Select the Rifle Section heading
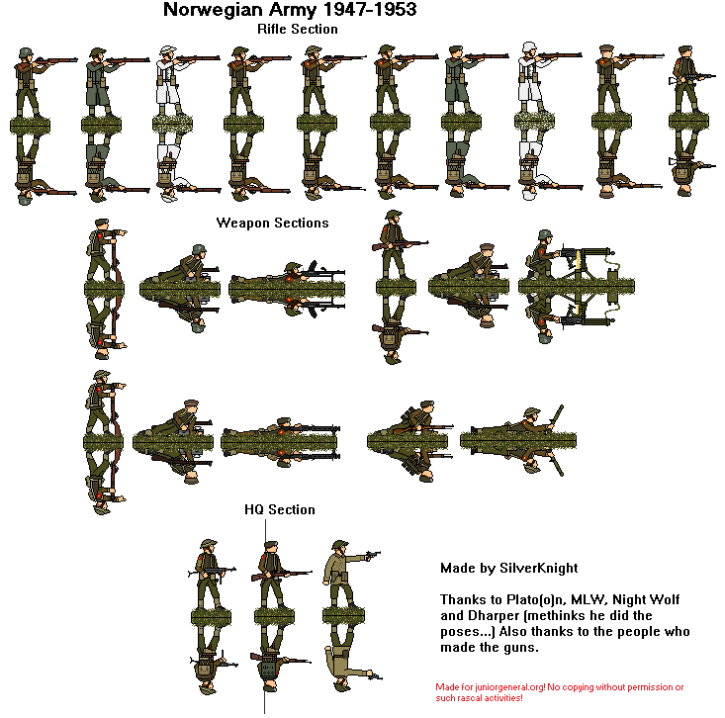[x=297, y=29]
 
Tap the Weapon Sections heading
[x=272, y=223]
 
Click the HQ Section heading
[x=280, y=509]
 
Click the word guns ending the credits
[x=523, y=648]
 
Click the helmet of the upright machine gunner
[x=543, y=236]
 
